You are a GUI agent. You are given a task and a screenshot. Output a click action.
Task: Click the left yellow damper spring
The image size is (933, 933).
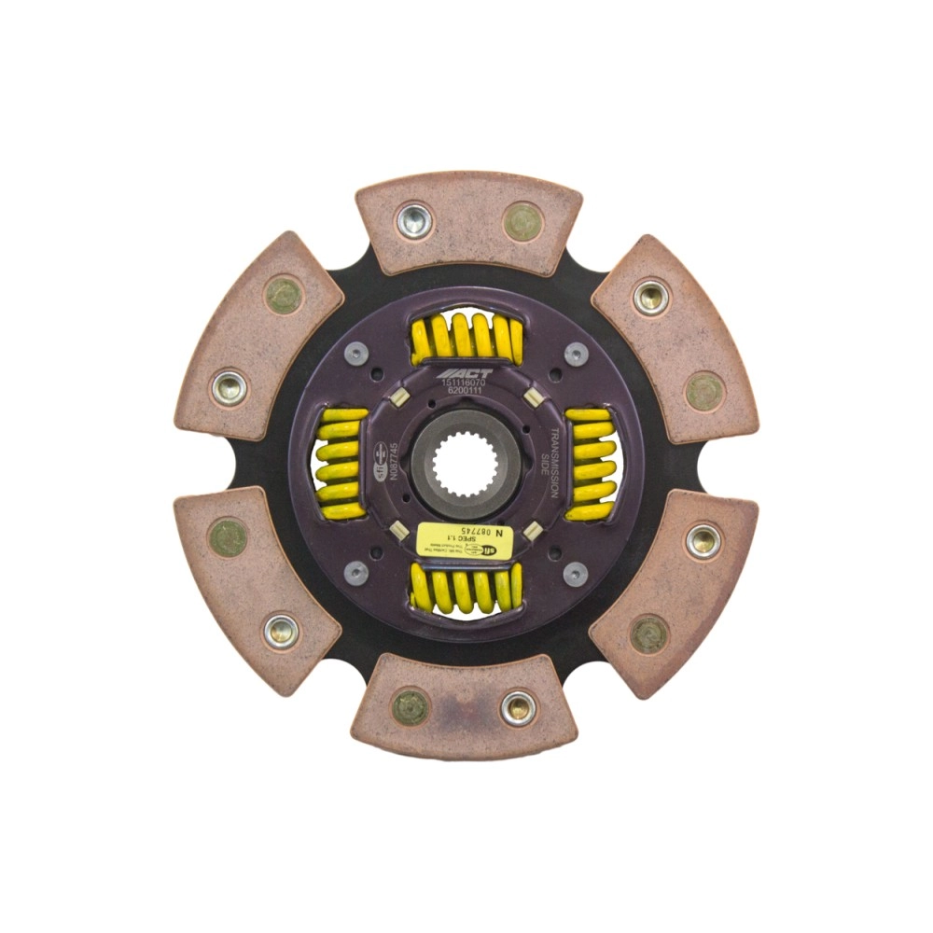[340, 464]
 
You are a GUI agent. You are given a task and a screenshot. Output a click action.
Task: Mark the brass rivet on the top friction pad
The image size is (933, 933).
[522, 221]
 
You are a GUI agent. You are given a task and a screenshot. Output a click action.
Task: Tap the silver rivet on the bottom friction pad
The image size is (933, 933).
[518, 708]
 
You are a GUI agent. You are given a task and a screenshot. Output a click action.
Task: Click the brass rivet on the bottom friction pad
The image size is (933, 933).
[409, 706]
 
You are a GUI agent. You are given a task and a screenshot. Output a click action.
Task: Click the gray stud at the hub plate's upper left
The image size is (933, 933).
[355, 355]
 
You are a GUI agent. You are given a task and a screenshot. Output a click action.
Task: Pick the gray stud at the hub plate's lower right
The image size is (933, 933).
[575, 573]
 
